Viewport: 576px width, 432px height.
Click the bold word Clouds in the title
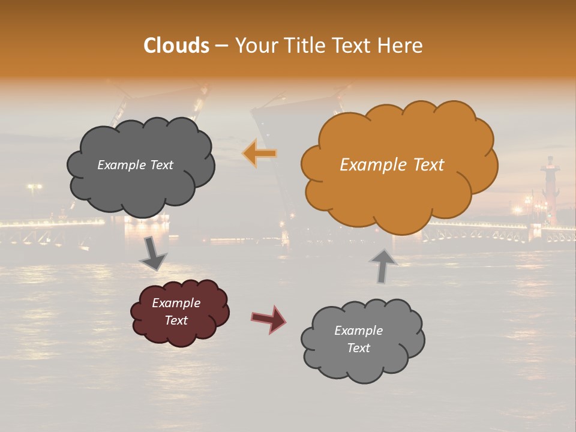click(176, 46)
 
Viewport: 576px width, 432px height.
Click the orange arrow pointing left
click(259, 154)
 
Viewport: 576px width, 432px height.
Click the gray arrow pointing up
click(383, 265)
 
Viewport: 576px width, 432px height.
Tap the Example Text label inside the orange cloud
click(392, 165)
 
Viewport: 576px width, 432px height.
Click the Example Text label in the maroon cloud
click(176, 311)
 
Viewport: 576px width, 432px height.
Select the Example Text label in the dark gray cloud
click(135, 165)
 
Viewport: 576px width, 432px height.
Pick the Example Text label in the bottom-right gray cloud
click(358, 339)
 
